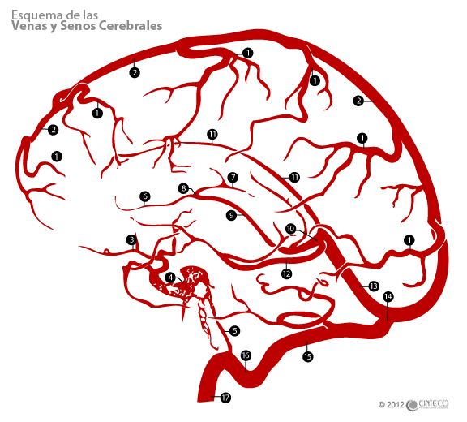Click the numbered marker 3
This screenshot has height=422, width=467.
coord(131,239)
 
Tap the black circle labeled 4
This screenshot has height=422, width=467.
coord(170,278)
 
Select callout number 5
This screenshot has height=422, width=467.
coord(234,331)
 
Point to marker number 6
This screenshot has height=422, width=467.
coord(145,196)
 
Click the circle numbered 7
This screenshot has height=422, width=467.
coord(233,178)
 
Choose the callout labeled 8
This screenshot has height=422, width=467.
coord(183,188)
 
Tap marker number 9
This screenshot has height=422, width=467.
coord(232,215)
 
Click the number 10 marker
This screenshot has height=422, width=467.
coord(291,229)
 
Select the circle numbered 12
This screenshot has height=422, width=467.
coord(286,273)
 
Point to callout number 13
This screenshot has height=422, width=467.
coord(374,286)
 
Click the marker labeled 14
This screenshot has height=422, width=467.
coord(388,297)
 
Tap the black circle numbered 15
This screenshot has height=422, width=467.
coord(307,356)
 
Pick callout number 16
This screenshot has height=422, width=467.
coord(246,355)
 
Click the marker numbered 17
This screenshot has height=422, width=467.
coord(225,398)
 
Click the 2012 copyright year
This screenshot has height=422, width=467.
coord(396,405)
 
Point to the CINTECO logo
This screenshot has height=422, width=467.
coord(428,405)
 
